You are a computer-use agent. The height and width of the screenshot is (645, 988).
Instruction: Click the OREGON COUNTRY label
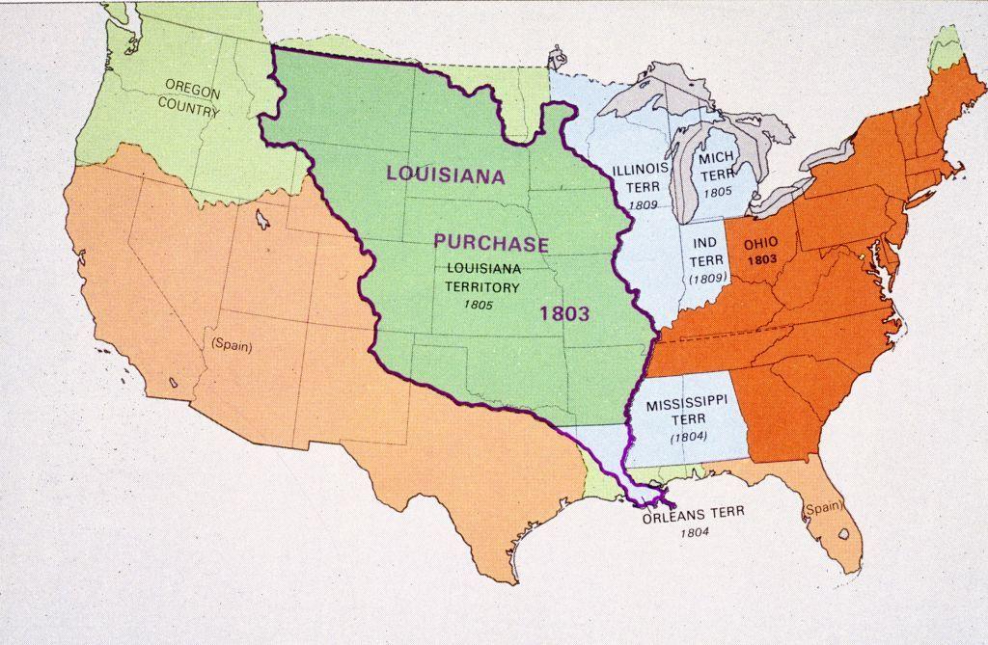click(189, 96)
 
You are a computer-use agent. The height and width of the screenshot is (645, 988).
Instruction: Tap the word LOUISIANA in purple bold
click(446, 175)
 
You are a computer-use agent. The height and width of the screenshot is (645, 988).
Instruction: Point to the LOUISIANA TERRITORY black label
click(481, 277)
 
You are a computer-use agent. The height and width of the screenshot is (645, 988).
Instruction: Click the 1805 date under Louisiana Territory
click(478, 306)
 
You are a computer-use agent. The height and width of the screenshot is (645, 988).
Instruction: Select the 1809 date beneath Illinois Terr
click(642, 205)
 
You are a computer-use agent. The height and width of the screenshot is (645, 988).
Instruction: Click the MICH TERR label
click(717, 166)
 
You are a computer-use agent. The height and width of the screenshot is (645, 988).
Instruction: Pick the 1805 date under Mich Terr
click(718, 192)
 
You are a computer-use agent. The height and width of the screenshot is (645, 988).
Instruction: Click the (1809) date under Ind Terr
click(707, 279)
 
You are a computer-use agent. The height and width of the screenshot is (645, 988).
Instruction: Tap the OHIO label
click(761, 244)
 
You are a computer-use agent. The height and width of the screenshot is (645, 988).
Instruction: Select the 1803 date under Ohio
click(761, 260)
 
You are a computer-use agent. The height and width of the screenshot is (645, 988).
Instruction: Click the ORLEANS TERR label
click(694, 514)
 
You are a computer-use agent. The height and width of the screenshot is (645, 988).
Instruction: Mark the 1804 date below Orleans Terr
click(694, 532)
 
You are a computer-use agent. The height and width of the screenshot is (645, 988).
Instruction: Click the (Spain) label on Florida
click(822, 507)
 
